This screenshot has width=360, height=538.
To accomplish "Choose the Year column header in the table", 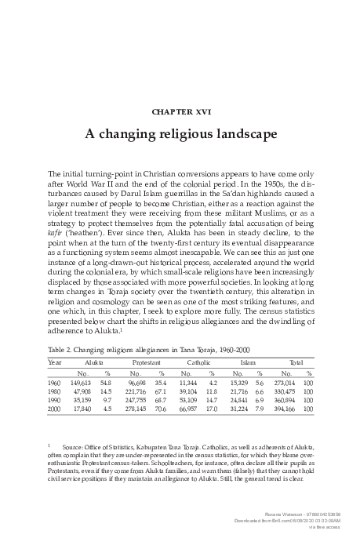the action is click(55, 363).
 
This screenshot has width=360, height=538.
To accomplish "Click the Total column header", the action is click(296, 363).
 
